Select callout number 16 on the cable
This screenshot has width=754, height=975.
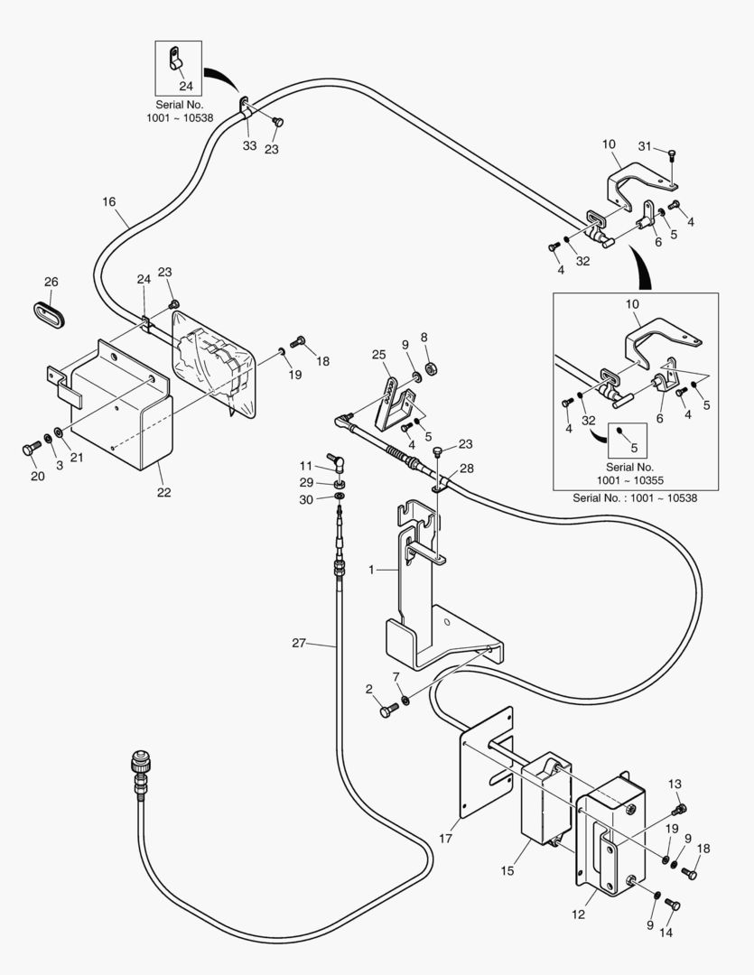[109, 201]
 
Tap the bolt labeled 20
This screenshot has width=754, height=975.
[29, 449]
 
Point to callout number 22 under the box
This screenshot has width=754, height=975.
[163, 492]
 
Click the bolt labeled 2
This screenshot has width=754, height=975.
[387, 710]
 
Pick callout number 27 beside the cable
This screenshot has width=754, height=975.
[300, 643]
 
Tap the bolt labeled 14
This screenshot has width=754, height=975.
[671, 904]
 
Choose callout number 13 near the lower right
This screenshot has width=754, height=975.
[675, 784]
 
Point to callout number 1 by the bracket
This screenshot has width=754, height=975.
[372, 570]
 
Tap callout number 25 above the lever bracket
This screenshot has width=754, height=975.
[377, 355]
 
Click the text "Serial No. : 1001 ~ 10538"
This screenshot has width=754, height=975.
[634, 497]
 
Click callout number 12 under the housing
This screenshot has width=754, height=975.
[578, 914]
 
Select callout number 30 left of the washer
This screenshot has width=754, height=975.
[307, 499]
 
